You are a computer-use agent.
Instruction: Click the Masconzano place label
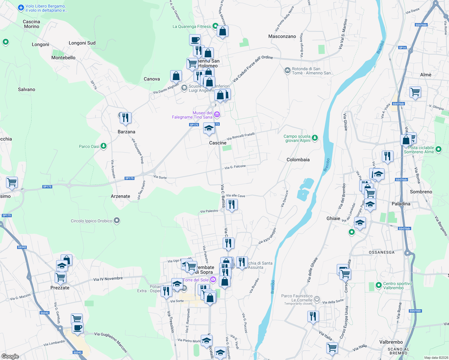282,36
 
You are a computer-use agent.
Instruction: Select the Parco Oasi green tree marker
104,146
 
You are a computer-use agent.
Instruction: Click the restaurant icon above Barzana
125,118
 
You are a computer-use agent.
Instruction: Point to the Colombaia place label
298,160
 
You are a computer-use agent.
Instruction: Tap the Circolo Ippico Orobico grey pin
117,221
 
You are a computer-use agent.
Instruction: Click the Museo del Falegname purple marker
217,115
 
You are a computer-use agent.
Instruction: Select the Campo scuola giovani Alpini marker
315,138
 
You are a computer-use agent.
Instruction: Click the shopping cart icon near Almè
415,92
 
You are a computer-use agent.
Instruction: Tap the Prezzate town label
60,288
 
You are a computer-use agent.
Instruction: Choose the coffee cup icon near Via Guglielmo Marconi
77,328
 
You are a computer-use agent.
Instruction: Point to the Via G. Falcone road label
235,167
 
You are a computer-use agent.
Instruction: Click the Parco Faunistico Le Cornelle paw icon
317,299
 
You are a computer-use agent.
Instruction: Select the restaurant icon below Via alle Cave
231,205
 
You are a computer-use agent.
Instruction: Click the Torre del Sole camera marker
213,280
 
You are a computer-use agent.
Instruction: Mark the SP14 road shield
402,48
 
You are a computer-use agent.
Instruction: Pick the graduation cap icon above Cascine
209,129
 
